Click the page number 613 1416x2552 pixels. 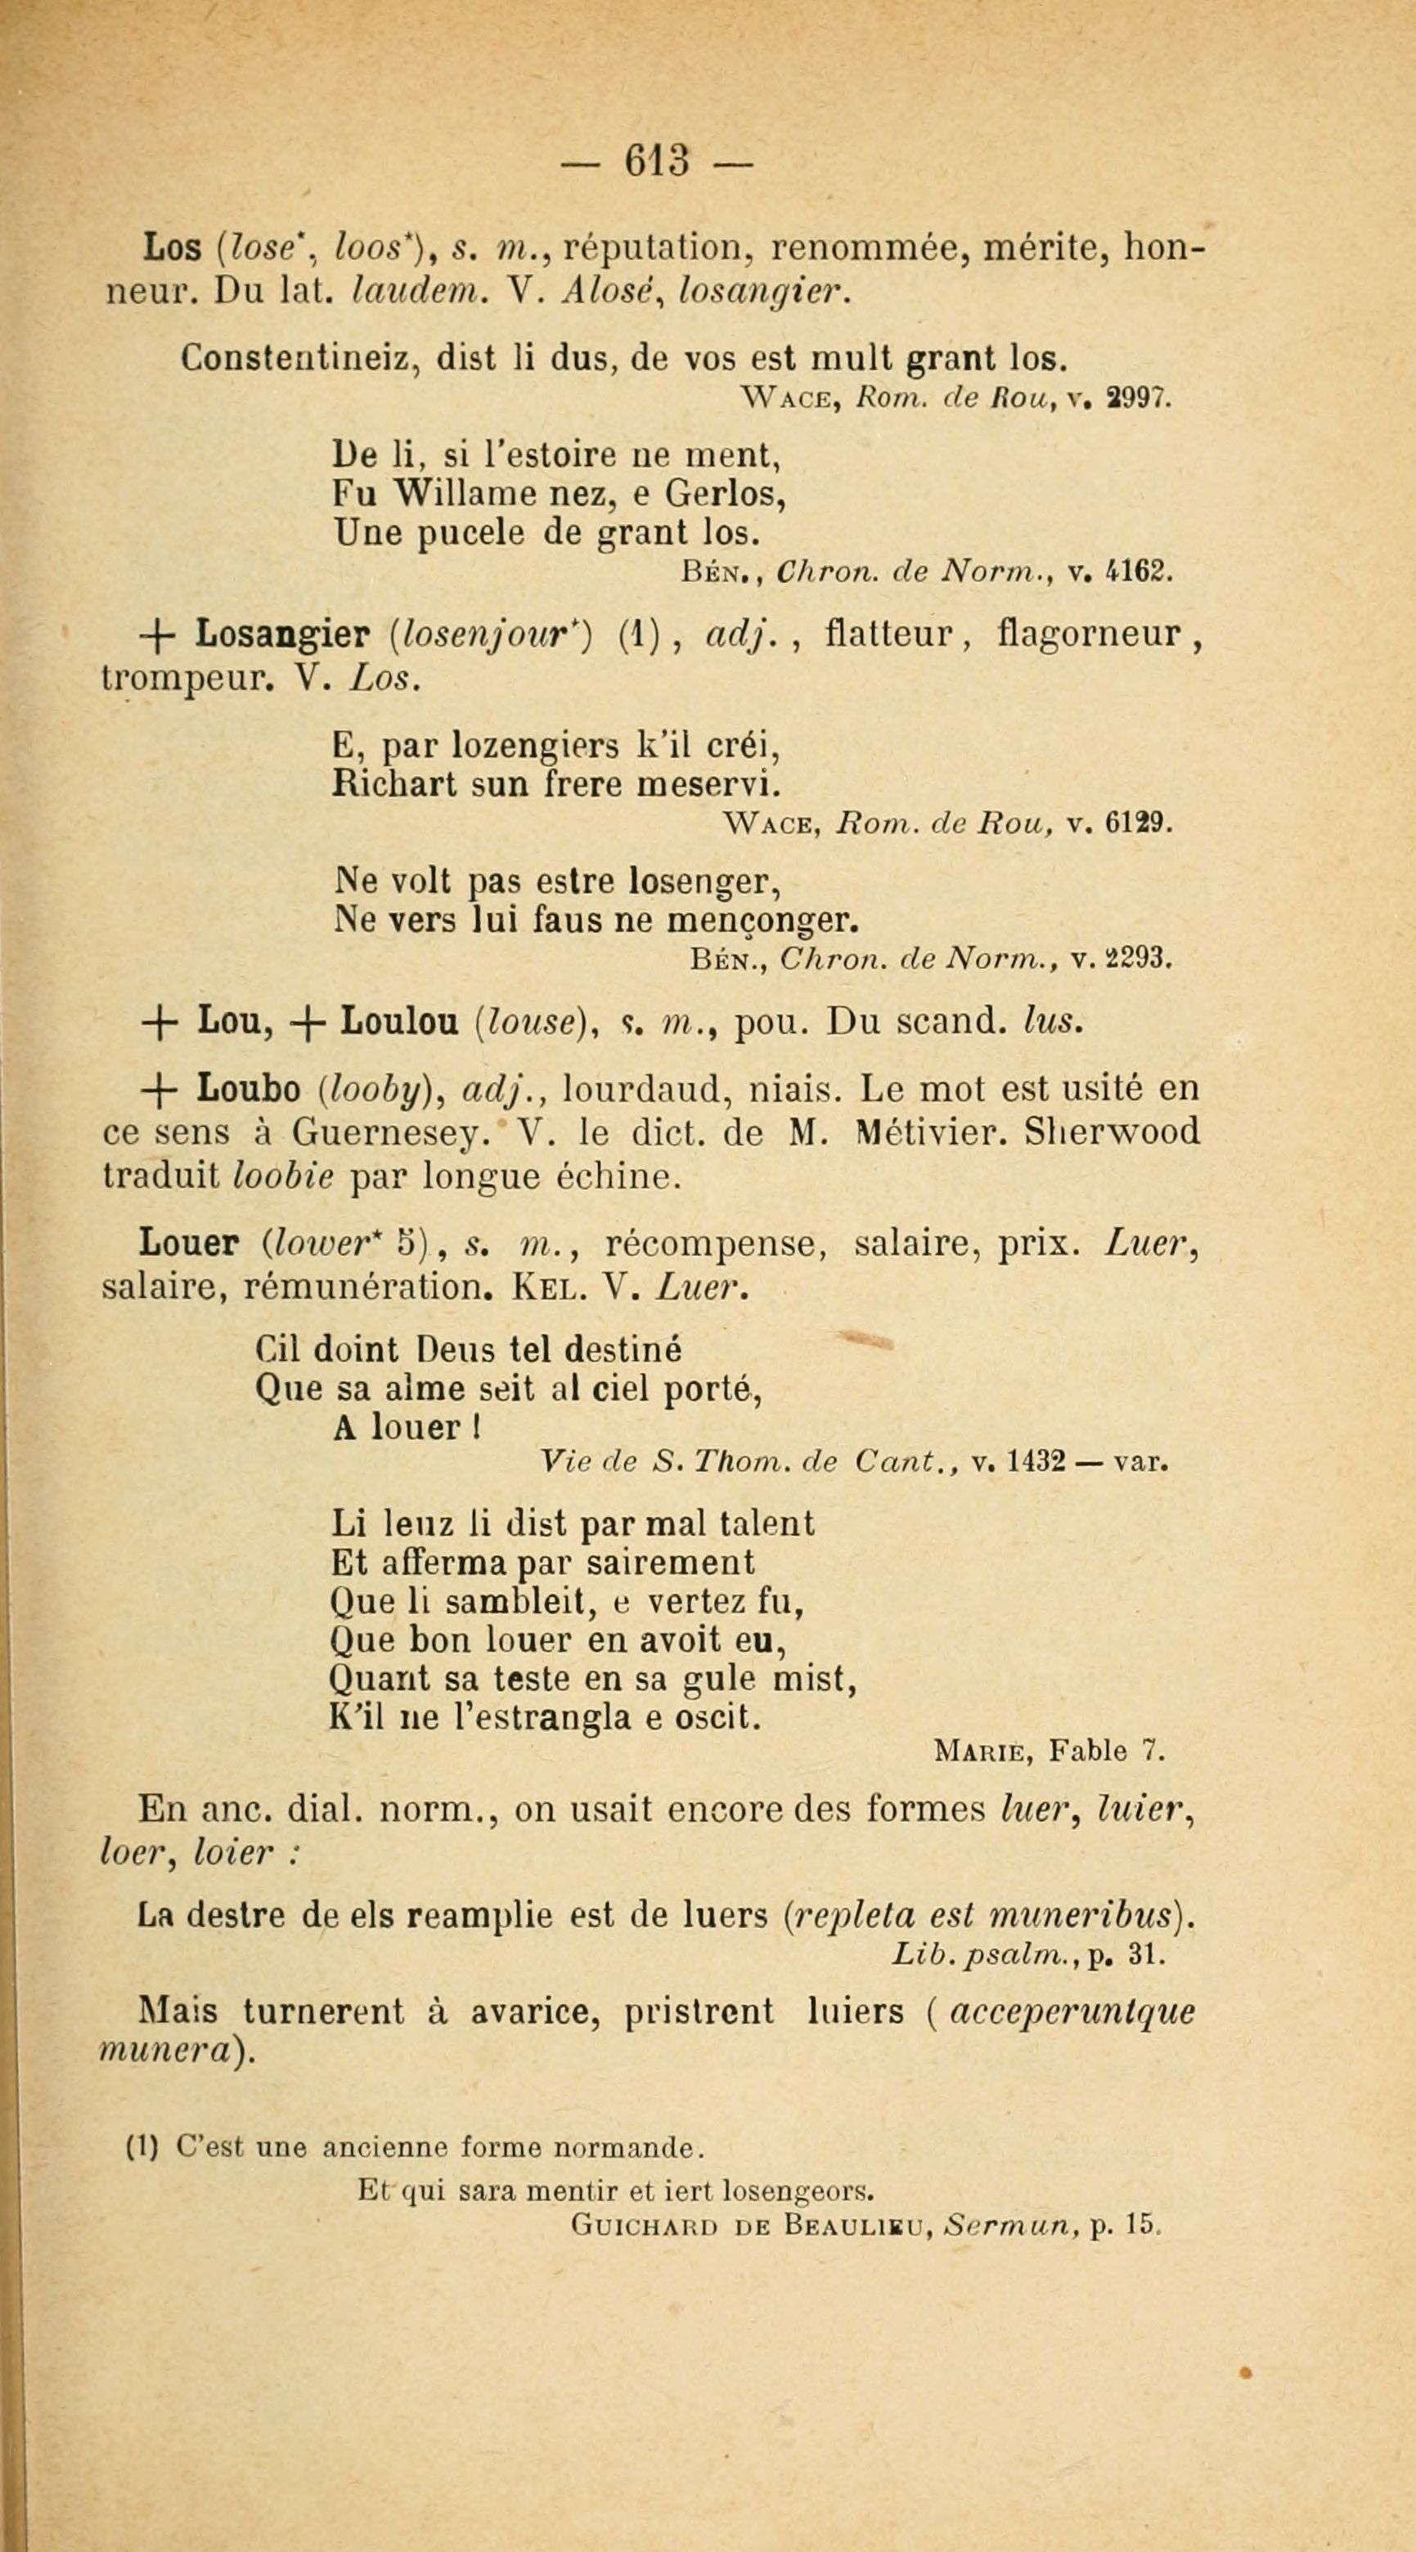coord(656,161)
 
